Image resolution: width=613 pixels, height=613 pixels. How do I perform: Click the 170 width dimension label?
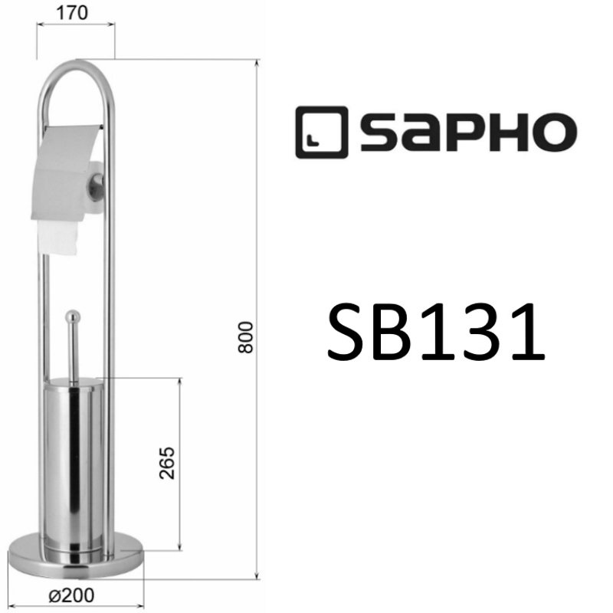(77, 13)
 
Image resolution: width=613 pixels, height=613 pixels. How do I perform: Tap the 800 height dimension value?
(245, 337)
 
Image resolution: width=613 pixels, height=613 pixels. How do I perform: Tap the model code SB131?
(436, 331)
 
